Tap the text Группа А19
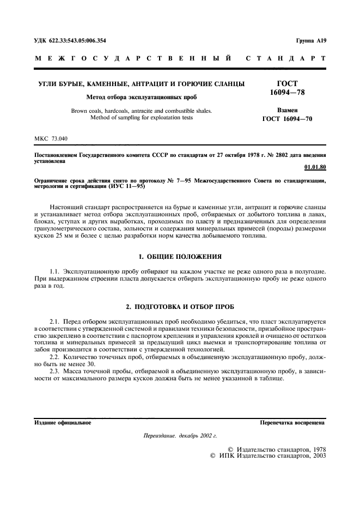[310, 41]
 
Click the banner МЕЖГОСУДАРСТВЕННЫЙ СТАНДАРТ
[180, 58]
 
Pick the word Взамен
[287, 110]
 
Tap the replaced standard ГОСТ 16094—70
[287, 119]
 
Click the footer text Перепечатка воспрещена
[292, 422]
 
